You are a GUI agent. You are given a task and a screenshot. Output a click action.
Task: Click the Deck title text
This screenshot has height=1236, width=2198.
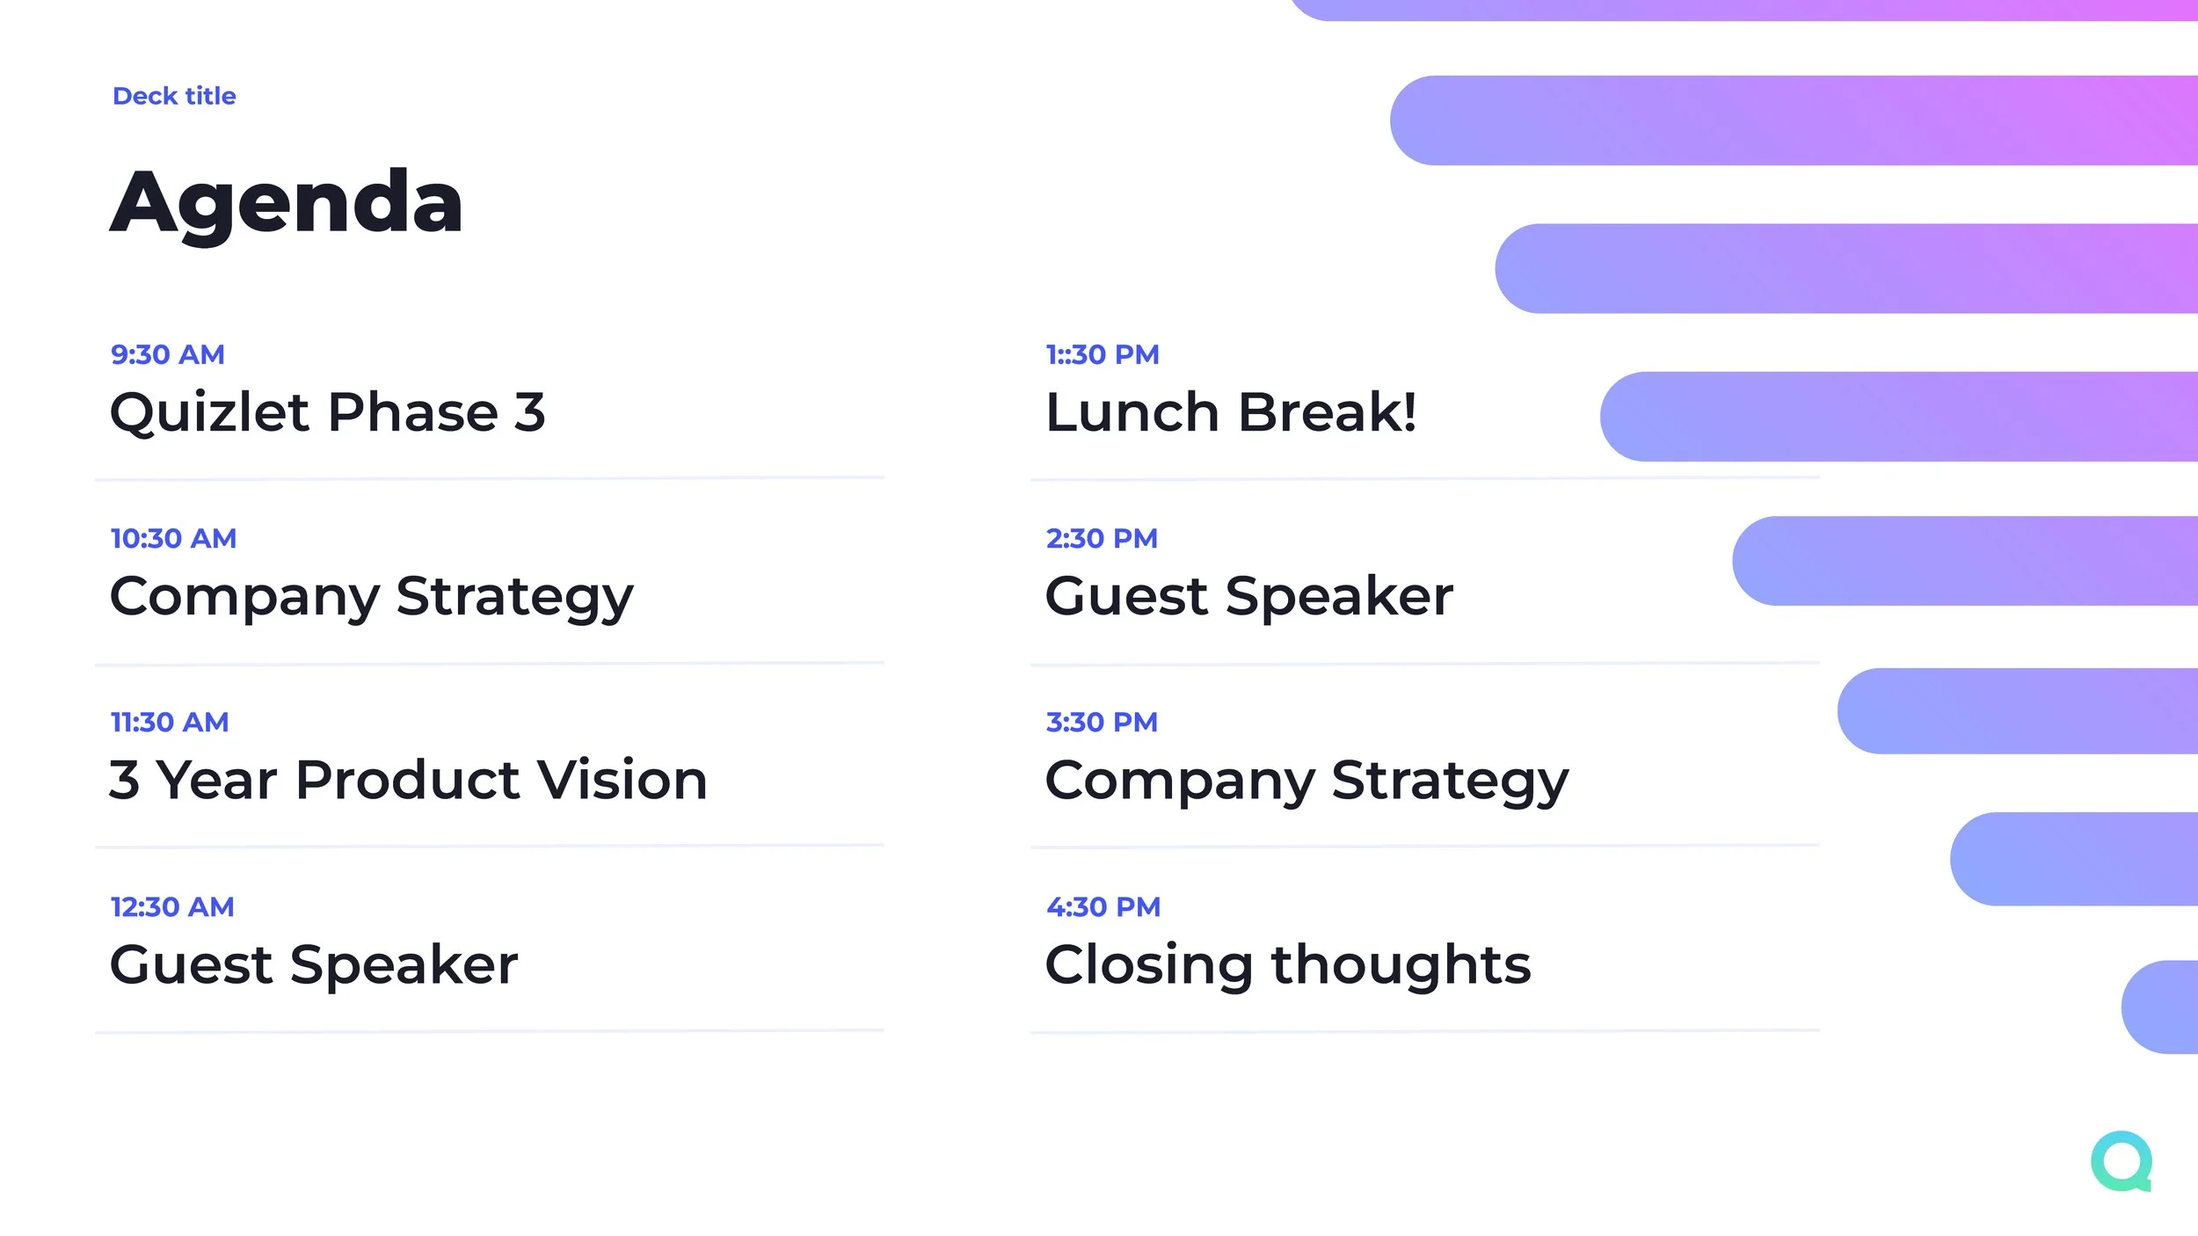point(174,96)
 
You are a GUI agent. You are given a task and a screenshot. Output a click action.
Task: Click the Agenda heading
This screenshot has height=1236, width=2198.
point(286,203)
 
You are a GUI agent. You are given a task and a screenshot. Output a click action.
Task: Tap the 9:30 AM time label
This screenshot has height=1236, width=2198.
point(167,354)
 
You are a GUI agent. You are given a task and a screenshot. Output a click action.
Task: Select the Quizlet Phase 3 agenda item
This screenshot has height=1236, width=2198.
point(327,412)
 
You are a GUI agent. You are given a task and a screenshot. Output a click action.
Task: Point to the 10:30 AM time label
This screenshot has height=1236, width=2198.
point(173,538)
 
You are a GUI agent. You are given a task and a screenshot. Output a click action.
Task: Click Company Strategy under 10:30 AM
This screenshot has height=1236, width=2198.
point(371,597)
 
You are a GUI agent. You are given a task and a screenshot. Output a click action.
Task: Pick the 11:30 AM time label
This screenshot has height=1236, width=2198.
point(169,722)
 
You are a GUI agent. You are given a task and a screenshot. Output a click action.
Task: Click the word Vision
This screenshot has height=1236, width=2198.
point(622,780)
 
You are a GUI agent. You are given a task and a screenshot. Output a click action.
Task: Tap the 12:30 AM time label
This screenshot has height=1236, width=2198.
point(171,906)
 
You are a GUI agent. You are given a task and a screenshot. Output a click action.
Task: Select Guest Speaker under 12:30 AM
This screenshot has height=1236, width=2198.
point(314,964)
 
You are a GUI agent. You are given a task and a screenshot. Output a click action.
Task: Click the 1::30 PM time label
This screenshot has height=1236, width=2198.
point(1103,354)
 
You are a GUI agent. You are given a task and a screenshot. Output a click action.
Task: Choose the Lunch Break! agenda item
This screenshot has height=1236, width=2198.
point(1231,412)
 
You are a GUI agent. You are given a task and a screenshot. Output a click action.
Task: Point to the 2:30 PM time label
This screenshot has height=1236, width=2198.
point(1102,538)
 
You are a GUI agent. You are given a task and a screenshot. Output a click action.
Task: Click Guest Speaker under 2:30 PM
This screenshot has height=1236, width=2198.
point(1248,597)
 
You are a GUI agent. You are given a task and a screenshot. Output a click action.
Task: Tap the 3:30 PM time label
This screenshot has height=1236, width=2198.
point(1102,722)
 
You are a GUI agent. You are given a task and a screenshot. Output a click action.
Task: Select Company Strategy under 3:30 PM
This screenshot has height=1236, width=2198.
point(1306,781)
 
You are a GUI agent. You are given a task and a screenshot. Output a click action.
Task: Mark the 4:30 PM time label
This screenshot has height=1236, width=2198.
point(1103,906)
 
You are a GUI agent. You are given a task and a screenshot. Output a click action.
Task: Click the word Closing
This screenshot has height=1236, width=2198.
point(1148,965)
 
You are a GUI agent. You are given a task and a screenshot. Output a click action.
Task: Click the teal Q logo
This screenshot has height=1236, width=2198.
point(2122,1161)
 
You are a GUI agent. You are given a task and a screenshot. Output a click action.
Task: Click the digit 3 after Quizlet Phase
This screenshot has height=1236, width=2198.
point(529,412)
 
